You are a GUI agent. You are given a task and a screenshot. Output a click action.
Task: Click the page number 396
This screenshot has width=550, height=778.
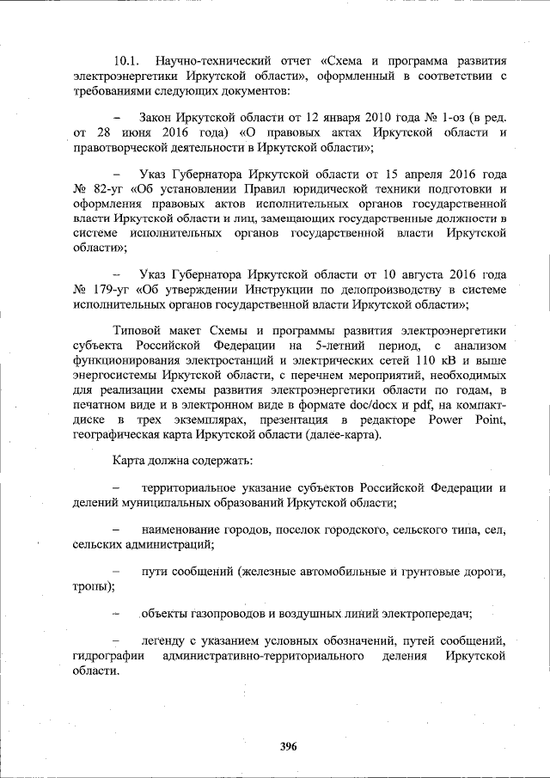pyautogui.click(x=288, y=745)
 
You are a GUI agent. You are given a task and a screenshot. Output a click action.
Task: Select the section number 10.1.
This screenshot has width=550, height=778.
pyautogui.click(x=129, y=61)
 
